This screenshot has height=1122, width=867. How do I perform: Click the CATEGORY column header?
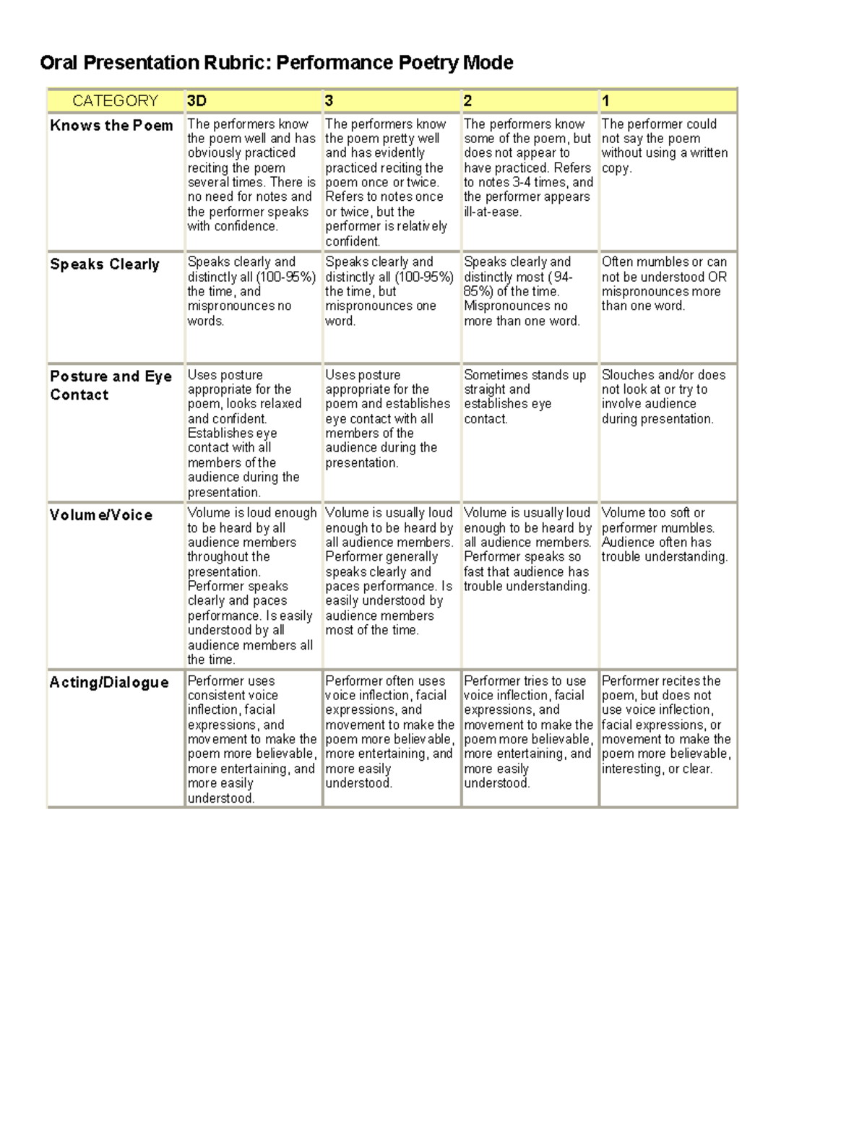(115, 101)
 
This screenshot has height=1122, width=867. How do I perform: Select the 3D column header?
(197, 101)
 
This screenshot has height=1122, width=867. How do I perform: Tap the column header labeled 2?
(468, 101)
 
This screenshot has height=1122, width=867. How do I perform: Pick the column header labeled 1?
(605, 101)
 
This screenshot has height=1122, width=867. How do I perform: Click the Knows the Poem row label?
(112, 126)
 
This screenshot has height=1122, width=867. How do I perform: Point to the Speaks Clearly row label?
(105, 264)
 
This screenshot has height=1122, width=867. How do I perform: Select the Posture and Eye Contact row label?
(111, 385)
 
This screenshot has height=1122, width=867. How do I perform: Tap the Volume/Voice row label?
(101, 515)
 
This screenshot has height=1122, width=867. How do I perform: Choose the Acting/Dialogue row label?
(109, 683)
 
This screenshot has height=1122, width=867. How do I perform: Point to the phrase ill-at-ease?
(493, 212)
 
